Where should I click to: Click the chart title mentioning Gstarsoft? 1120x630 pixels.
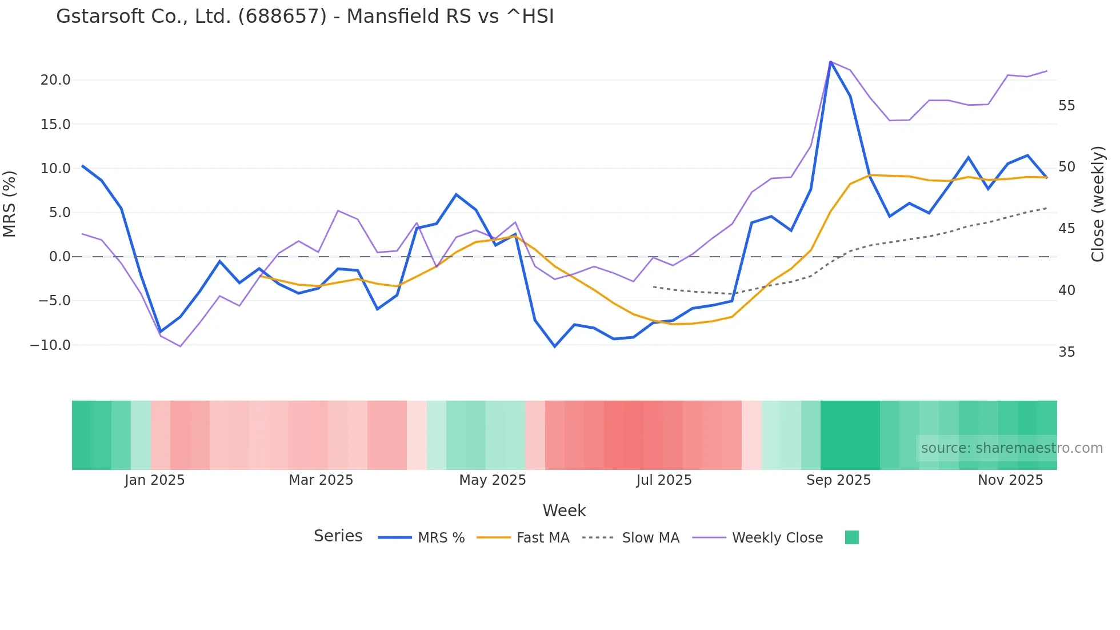305,17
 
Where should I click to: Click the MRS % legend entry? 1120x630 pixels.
441,538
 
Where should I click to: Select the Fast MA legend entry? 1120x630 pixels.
542,538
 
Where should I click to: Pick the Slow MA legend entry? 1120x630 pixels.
650,538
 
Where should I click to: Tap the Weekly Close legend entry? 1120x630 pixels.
777,538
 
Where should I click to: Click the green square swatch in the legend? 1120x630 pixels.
851,537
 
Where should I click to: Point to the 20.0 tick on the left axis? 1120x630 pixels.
55,80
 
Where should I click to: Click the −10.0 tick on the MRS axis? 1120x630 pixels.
50,345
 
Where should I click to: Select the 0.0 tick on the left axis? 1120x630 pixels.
59,257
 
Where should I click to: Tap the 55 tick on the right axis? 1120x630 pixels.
1066,106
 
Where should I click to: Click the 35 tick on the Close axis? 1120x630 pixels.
1066,352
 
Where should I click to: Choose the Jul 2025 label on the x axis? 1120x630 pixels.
663,480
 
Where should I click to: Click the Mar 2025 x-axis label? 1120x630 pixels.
321,480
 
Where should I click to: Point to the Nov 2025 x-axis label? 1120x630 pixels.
1010,480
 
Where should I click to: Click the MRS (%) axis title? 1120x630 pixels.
10,204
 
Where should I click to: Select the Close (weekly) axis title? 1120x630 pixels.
1097,204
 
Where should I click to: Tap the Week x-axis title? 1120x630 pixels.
564,511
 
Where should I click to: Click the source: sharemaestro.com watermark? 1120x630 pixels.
1011,448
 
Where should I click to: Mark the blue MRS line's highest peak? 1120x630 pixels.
830,62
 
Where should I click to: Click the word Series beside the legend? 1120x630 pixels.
338,536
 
